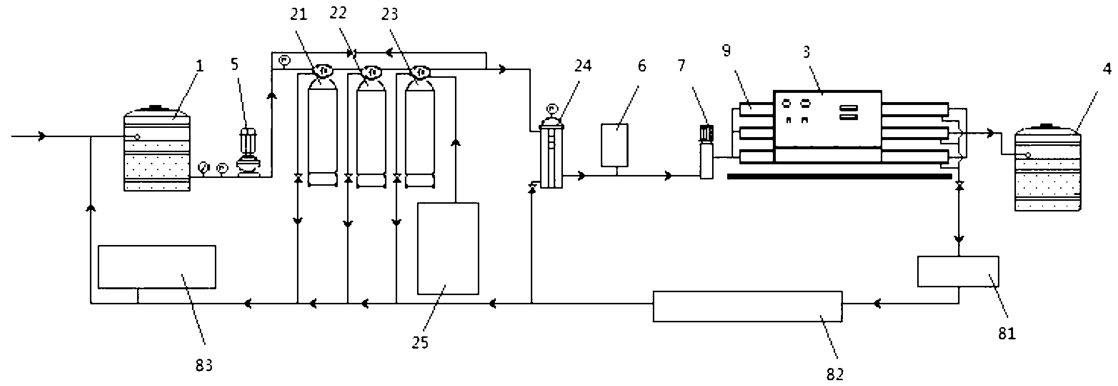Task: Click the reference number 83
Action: click(x=204, y=365)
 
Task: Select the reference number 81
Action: click(x=1007, y=333)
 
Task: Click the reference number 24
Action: click(x=583, y=65)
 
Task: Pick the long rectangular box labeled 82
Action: click(x=747, y=306)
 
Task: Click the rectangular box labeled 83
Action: click(x=157, y=267)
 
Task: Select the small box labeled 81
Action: click(x=958, y=271)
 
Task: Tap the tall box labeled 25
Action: click(x=448, y=248)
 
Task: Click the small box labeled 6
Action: click(x=614, y=145)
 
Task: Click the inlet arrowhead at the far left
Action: click(x=42, y=137)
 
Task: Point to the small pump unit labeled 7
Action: click(x=706, y=153)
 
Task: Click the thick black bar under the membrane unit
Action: click(x=839, y=176)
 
